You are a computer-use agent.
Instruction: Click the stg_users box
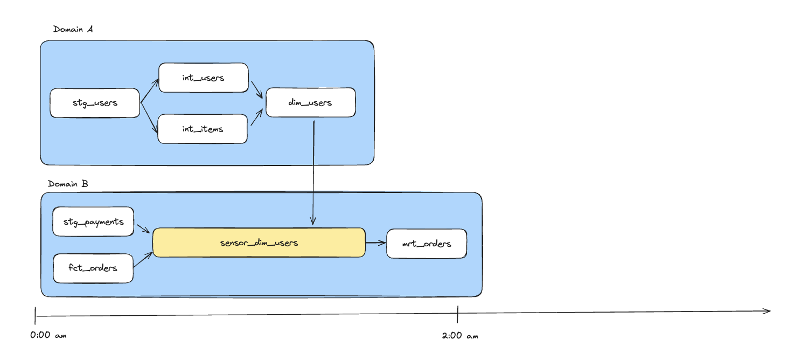(x=95, y=103)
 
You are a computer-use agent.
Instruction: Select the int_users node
(x=203, y=78)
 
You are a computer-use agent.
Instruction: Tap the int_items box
(x=203, y=129)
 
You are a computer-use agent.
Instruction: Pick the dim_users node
(x=310, y=102)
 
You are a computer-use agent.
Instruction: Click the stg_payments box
(x=93, y=221)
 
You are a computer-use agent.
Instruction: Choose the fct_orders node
(x=93, y=268)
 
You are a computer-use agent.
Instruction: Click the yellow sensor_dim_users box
(x=259, y=243)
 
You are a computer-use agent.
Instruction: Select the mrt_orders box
(x=426, y=244)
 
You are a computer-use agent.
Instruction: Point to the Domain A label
(x=73, y=29)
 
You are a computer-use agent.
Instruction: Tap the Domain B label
(x=68, y=184)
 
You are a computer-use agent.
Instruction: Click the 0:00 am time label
(x=48, y=335)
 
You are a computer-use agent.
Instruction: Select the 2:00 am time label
(x=459, y=336)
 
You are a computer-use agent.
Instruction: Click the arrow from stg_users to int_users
(x=150, y=91)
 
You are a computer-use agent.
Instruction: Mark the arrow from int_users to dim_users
(x=257, y=90)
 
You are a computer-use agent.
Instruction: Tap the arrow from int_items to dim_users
(x=257, y=117)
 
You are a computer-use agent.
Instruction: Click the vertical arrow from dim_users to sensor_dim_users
(x=313, y=172)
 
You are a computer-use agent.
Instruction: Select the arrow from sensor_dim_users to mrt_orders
(x=376, y=243)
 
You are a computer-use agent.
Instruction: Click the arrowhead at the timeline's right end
(x=767, y=310)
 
